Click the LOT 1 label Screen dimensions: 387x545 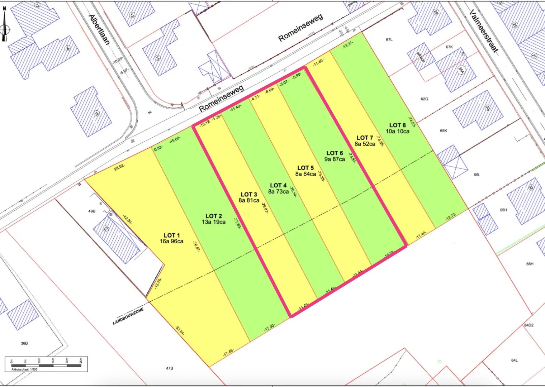[x=172, y=235]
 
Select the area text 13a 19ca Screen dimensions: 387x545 [x=214, y=222]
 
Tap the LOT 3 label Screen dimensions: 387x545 [x=249, y=195]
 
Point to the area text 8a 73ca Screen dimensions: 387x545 [x=278, y=192]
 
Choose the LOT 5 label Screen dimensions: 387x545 [x=305, y=168]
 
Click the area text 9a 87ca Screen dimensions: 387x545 [x=335, y=159]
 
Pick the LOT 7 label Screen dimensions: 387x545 [x=365, y=138]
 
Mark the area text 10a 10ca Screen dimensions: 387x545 [x=397, y=132]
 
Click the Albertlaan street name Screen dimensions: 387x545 [x=99, y=29]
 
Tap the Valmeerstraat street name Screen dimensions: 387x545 [x=484, y=32]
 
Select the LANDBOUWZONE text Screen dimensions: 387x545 [x=128, y=316]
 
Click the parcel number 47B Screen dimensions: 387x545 [x=170, y=368]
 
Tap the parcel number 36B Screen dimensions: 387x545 [x=24, y=343]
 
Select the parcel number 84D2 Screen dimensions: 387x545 [x=529, y=325]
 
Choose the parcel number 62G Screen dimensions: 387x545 [x=424, y=99]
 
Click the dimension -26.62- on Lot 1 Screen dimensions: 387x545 [x=119, y=167]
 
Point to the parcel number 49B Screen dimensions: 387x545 [x=92, y=211]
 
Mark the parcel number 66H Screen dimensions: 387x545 [x=530, y=264]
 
